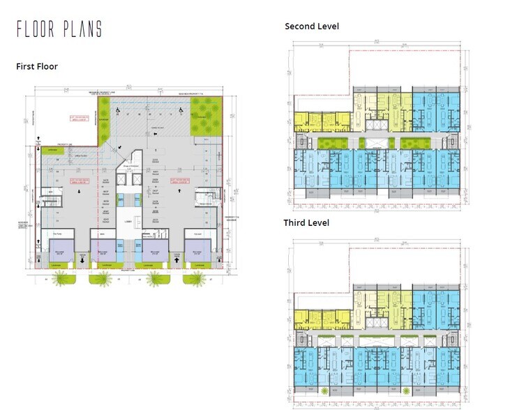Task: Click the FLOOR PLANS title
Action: point(59,29)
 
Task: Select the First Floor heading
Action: point(36,66)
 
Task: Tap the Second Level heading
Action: point(312,26)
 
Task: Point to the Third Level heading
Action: point(306,223)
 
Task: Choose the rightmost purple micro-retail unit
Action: point(197,250)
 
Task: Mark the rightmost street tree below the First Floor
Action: point(195,279)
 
